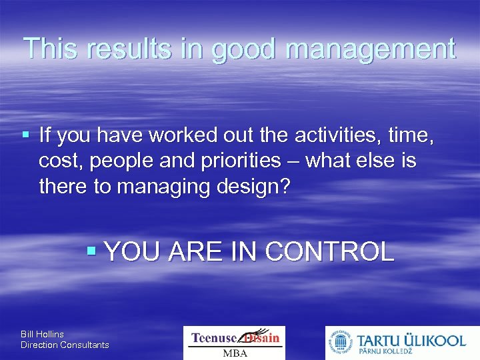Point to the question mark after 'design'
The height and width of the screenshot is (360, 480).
(285, 186)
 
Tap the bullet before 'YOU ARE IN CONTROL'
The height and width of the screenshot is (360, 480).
(93, 251)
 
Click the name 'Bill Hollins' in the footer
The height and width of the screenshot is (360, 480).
(42, 334)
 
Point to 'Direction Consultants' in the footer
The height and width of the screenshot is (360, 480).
(65, 345)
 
